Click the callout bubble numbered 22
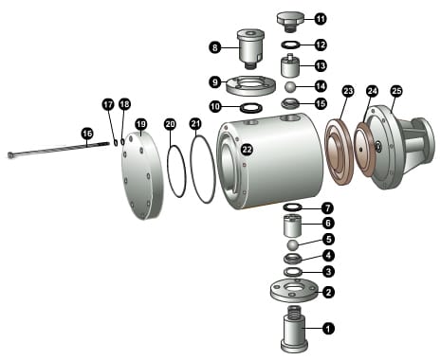(x=247, y=150)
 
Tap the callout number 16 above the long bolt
(x=87, y=134)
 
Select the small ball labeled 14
(x=291, y=87)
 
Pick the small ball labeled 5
(x=293, y=245)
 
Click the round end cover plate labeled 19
(x=142, y=175)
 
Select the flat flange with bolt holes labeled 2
(x=294, y=291)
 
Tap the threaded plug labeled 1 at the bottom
(x=294, y=330)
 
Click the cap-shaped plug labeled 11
(x=290, y=21)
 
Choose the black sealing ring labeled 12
(x=291, y=45)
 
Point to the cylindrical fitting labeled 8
(x=250, y=48)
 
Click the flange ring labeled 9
(x=251, y=85)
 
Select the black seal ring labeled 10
(x=251, y=108)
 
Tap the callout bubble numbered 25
(x=396, y=91)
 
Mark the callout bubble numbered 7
(x=327, y=208)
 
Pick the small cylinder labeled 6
(x=292, y=225)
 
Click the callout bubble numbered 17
(x=108, y=104)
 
